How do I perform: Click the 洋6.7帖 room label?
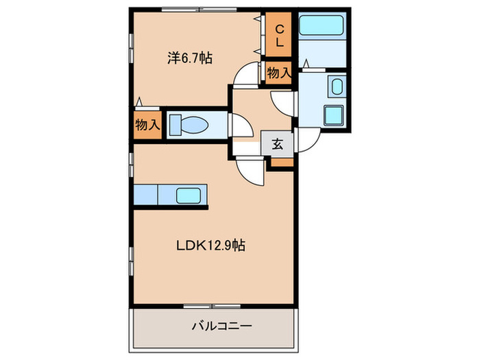(189, 58)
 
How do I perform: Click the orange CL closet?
(280, 36)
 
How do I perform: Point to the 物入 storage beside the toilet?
(147, 125)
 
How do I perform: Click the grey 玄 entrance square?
(278, 144)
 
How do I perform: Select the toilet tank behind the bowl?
(175, 124)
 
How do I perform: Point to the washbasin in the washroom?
(337, 86)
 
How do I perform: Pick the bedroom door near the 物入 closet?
(243, 77)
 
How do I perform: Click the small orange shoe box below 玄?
(281, 162)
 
